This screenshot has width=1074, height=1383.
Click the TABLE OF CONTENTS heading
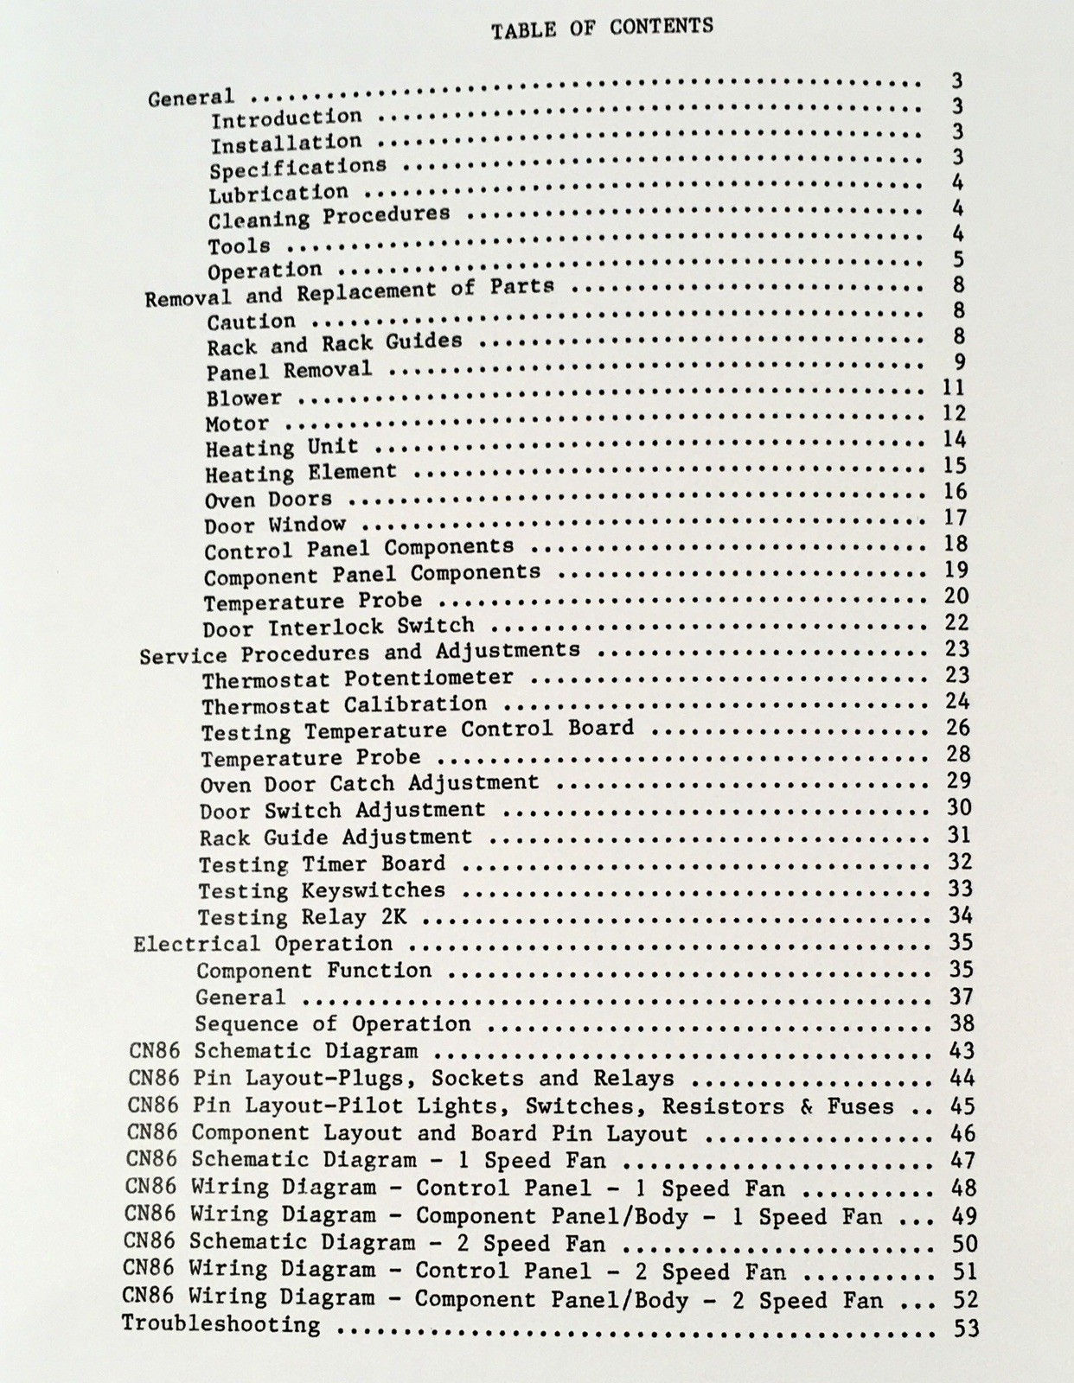pos(602,29)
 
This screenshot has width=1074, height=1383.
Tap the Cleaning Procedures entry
pos(329,216)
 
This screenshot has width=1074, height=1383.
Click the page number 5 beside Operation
pos(957,259)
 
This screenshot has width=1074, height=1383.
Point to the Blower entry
pos(244,398)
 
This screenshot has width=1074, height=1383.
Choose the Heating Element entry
pos(300,473)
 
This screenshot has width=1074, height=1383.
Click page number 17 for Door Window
pos(956,518)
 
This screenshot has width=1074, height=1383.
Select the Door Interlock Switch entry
pos(338,627)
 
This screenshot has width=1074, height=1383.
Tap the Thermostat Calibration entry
pos(344,705)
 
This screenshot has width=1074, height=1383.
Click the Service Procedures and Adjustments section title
pos(360,653)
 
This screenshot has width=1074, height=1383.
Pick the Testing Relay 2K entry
pos(302,917)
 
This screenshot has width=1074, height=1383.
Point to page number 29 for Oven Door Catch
pos(959,781)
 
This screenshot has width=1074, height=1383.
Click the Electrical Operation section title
pos(263,944)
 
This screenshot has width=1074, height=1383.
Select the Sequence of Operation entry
pos(333,1024)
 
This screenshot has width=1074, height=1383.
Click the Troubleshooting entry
pos(221,1324)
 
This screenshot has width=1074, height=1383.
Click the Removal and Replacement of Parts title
pos(348,292)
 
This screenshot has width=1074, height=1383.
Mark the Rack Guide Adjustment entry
pos(336,838)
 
